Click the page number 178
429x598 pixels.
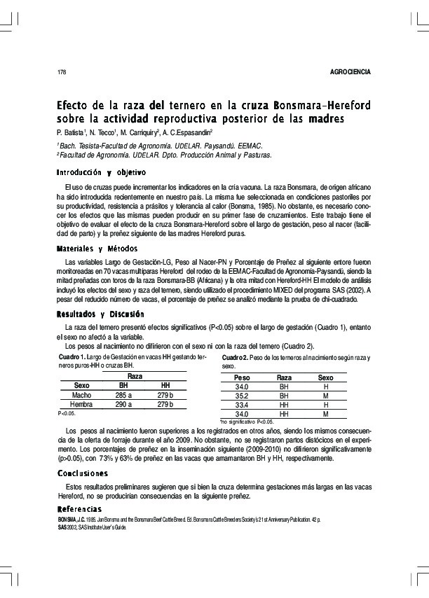coord(61,72)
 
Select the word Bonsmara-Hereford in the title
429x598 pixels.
coord(323,106)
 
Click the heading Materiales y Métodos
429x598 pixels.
coord(97,249)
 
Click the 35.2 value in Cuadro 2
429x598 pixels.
coord(242,396)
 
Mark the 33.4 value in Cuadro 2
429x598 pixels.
coord(242,405)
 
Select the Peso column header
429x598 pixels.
coord(242,377)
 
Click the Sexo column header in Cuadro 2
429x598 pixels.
coord(326,377)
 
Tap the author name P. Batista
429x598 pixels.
coord(72,132)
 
